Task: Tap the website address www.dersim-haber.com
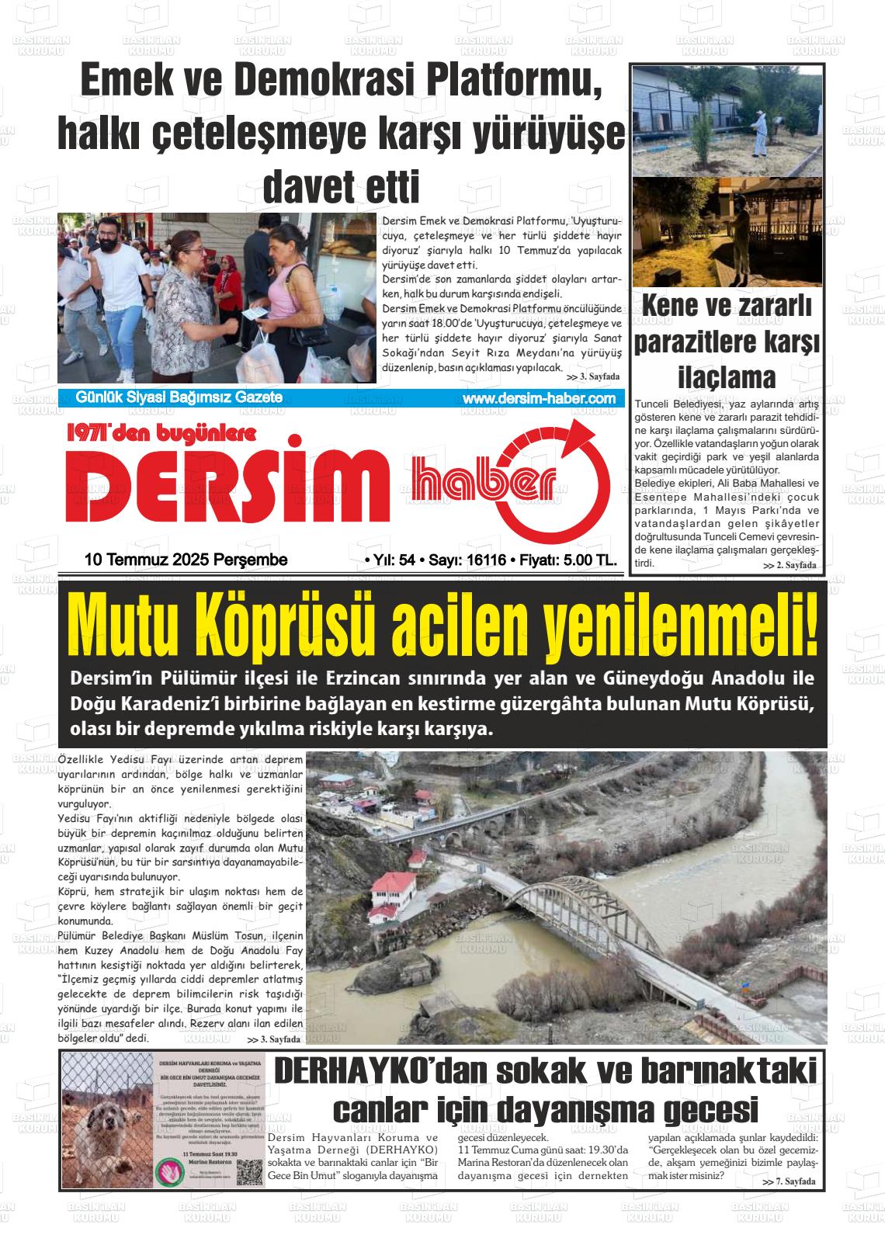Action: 539,398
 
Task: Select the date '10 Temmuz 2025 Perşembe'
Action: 186,560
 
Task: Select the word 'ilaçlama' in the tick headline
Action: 727,378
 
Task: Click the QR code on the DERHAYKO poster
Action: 249,1172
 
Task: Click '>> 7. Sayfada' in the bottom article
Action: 789,1181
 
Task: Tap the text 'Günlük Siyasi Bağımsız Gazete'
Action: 179,398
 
